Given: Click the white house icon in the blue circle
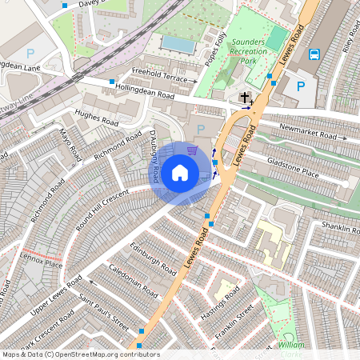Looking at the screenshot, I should [x=180, y=172].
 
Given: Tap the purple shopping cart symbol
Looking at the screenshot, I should [x=191, y=149].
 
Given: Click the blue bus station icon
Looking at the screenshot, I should [x=314, y=55].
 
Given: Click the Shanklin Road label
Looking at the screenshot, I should [x=337, y=228].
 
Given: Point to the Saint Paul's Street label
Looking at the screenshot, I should [x=103, y=314].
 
